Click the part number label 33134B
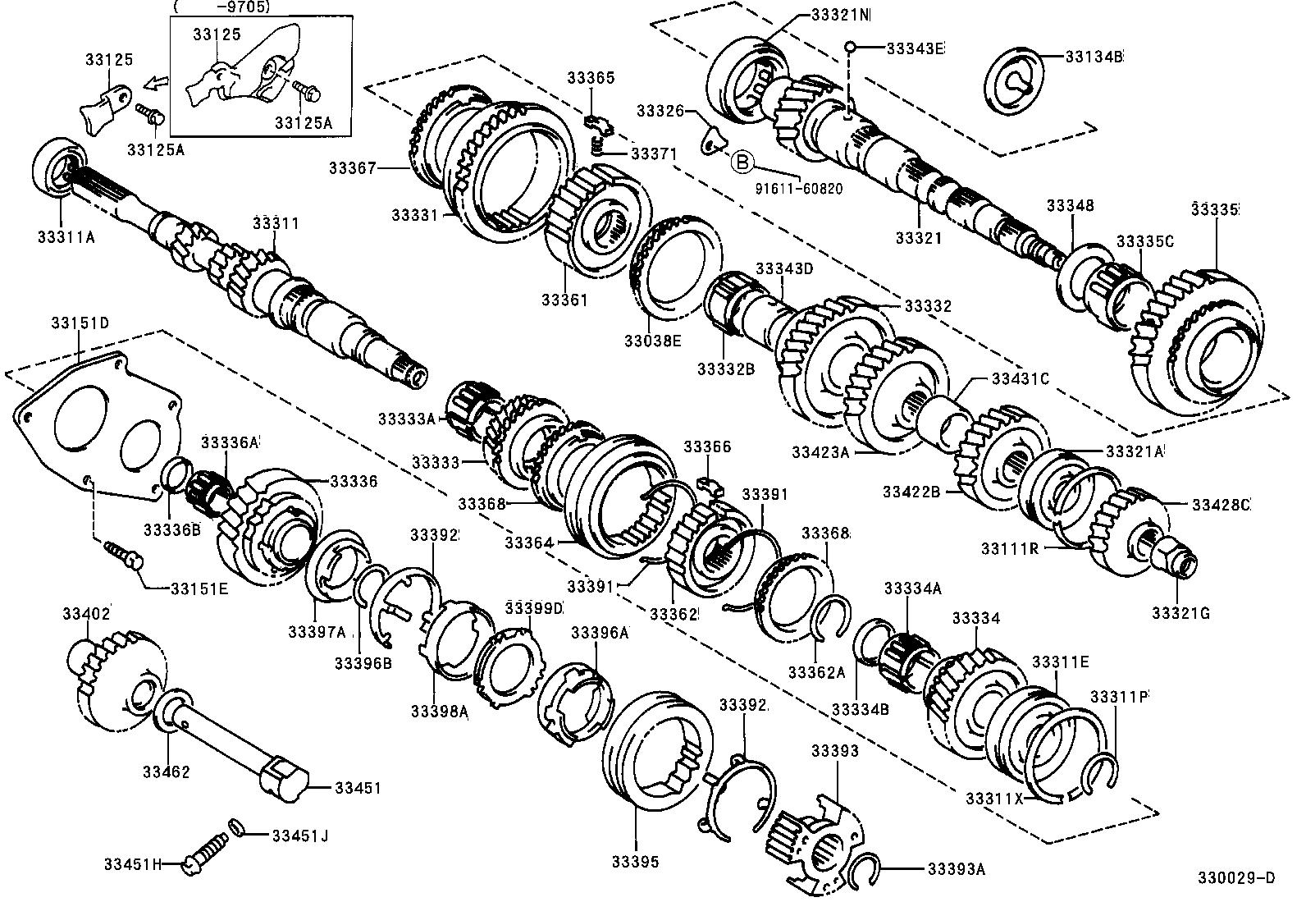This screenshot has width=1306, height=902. pos(1094,57)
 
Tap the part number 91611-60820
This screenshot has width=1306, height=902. pos(801,188)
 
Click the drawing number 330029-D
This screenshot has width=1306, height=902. pos(1237,878)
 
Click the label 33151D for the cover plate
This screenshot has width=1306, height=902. pos(80,323)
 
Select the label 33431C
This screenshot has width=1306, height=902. pos(1021,378)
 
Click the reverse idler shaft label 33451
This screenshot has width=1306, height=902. pos(357,787)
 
